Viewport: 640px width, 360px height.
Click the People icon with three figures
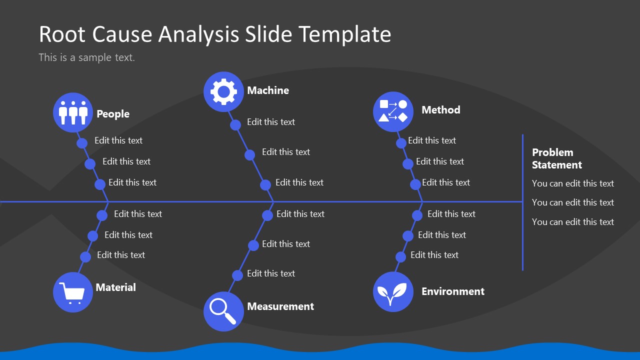tap(73, 112)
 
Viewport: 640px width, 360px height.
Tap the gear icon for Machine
tap(223, 91)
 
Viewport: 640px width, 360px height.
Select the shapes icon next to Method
tap(393, 111)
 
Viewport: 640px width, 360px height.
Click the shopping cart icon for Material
tap(73, 292)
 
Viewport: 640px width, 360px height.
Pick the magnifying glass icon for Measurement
tap(223, 311)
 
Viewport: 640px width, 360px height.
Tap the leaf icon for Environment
tap(393, 292)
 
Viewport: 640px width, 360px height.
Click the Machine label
tap(268, 90)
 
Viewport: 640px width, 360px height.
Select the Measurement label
tap(280, 306)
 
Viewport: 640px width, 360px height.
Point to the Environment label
tap(453, 291)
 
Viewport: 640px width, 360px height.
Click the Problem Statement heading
tap(556, 158)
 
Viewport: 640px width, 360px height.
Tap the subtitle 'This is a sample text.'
tap(86, 57)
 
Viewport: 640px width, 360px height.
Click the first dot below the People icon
tap(82, 143)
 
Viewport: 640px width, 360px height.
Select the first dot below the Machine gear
tap(235, 124)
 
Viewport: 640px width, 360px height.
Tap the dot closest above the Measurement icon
tap(237, 275)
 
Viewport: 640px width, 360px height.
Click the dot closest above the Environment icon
tap(400, 257)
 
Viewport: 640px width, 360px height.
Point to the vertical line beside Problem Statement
tap(522, 202)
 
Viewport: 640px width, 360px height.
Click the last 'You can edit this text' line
tap(572, 222)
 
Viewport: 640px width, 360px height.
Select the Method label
tap(440, 110)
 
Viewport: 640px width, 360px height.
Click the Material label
tap(115, 287)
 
